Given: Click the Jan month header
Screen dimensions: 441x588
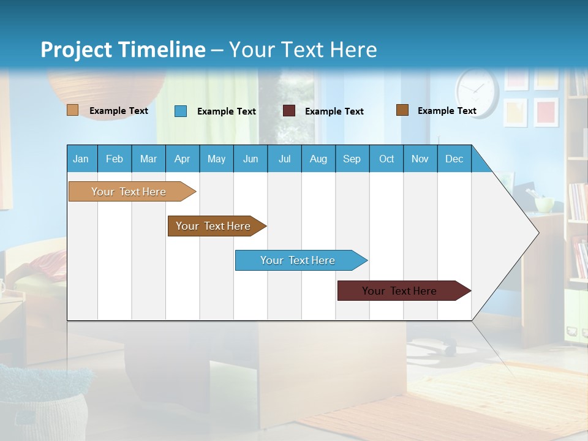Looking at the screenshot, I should [x=81, y=159].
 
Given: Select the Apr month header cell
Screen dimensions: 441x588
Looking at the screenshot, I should [x=183, y=159].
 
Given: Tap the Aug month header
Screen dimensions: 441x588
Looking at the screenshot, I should [x=318, y=159].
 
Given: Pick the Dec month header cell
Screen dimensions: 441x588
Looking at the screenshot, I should [x=454, y=159].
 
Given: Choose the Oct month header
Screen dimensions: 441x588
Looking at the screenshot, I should [x=386, y=159].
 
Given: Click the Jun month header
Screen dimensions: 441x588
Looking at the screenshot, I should [x=251, y=159].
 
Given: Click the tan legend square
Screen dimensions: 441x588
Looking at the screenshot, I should [x=72, y=110].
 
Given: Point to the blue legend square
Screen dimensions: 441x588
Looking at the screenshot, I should [x=180, y=111].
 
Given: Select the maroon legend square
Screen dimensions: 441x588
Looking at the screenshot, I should [x=288, y=111].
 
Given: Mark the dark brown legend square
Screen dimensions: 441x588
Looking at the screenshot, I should [x=402, y=110].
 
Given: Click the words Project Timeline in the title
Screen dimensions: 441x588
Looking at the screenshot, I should [x=123, y=50].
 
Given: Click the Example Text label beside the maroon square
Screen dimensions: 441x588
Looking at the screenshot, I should [x=334, y=111].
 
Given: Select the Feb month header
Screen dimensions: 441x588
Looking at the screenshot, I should [x=115, y=159].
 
